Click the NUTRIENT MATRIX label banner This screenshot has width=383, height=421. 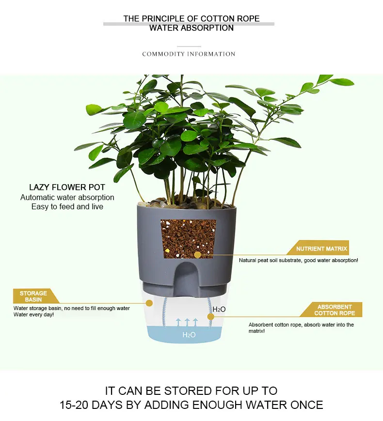tap(321, 249)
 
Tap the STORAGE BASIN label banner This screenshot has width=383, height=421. tap(33, 296)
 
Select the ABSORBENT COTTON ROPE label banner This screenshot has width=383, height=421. tap(335, 310)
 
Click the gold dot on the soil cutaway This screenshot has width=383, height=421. tap(197, 254)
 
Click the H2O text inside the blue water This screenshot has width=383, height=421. tap(189, 335)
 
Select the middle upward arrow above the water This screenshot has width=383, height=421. tap(187, 322)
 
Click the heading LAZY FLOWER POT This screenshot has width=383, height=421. tap(67, 187)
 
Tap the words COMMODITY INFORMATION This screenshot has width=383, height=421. tap(189, 54)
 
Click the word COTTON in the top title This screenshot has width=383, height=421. tap(218, 19)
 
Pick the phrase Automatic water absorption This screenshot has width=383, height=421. tap(67, 198)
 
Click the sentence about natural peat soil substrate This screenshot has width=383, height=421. tap(298, 261)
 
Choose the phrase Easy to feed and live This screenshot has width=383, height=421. tap(67, 207)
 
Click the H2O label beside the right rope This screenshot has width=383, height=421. tap(219, 309)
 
